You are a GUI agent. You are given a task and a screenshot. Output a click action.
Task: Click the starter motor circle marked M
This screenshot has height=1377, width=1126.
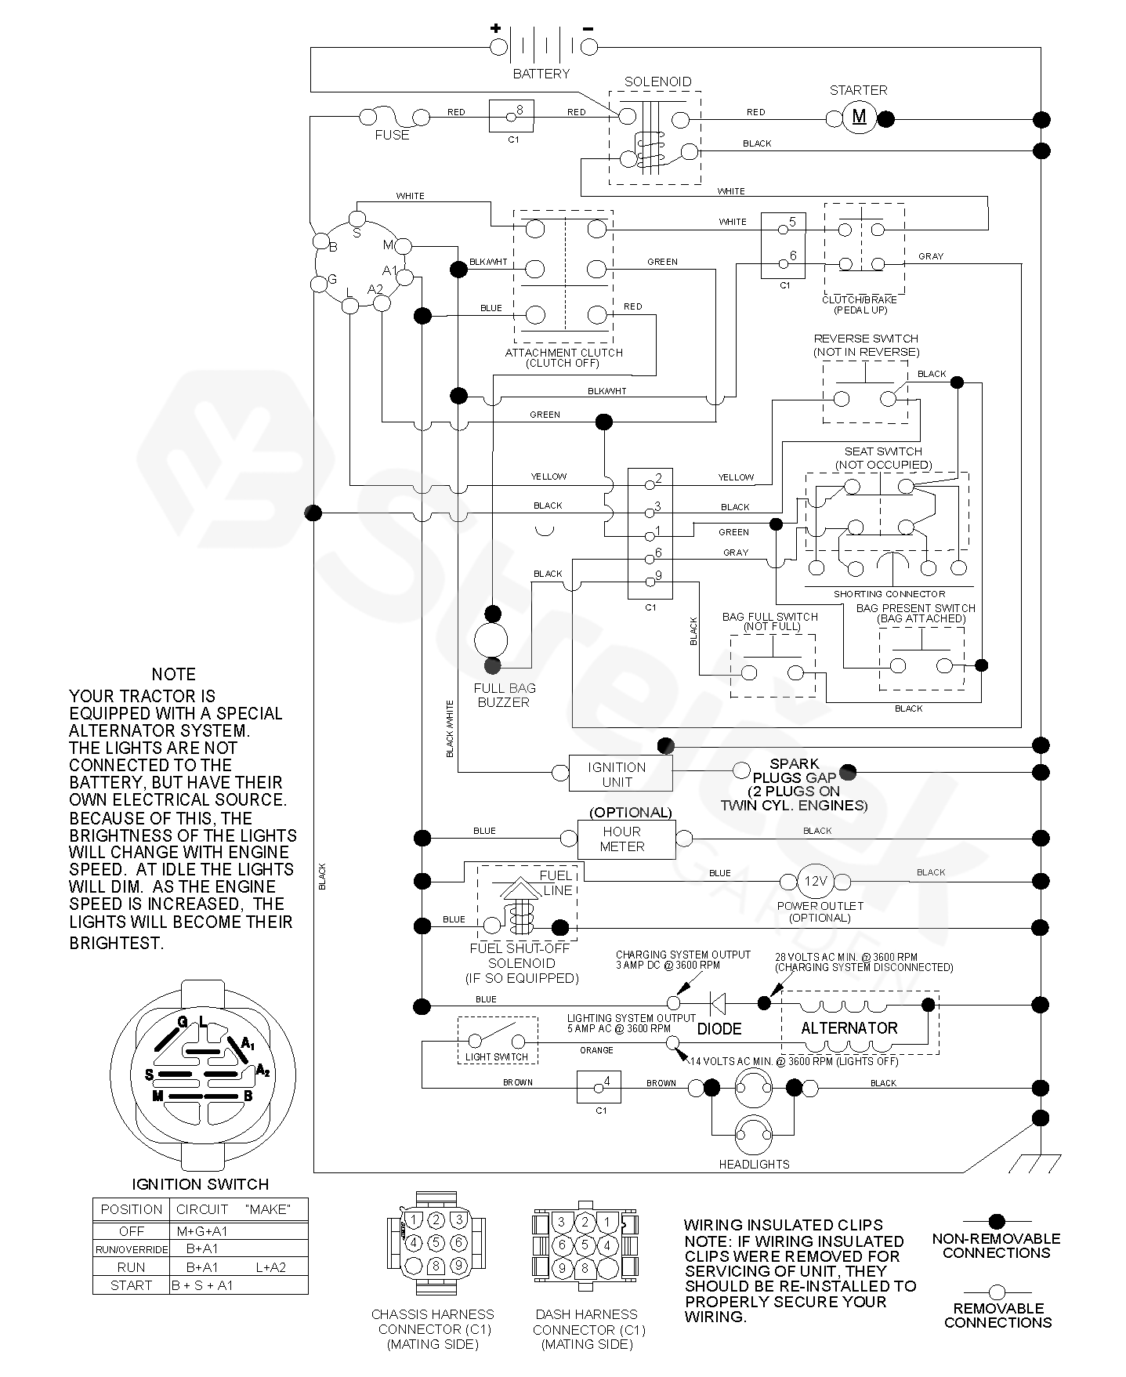(x=859, y=118)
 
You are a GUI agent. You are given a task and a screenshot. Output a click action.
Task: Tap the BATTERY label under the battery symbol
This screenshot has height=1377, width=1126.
(x=541, y=74)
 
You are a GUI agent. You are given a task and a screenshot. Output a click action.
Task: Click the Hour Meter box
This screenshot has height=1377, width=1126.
(x=625, y=839)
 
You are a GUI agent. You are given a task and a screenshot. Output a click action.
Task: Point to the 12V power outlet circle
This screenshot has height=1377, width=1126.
(x=814, y=881)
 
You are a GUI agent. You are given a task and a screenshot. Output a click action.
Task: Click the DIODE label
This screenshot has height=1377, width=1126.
(x=719, y=1028)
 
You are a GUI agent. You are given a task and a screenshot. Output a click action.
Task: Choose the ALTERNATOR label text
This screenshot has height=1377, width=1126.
(x=849, y=1027)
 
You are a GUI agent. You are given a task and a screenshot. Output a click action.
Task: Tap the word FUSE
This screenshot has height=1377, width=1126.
(x=392, y=135)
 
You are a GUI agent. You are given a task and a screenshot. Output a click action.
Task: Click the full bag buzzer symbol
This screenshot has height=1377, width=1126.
(x=491, y=639)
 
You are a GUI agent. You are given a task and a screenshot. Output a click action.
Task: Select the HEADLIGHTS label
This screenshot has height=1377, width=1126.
(x=754, y=1164)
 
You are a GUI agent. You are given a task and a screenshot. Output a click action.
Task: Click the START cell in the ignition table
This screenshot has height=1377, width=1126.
(x=131, y=1285)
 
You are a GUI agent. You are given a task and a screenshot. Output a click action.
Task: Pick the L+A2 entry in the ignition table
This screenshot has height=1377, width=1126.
(x=270, y=1266)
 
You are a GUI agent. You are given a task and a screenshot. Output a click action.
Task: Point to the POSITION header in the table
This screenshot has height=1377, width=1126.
(x=131, y=1209)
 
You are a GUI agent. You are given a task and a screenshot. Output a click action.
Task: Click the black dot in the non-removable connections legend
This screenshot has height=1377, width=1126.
(x=996, y=1221)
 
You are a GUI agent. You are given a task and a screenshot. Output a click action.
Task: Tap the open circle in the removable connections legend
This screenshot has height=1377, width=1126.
(x=996, y=1292)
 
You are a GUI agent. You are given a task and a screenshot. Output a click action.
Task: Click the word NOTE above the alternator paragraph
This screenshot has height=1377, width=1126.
(x=173, y=674)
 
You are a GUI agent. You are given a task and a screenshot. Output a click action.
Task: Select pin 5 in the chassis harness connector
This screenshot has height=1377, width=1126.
(x=436, y=1242)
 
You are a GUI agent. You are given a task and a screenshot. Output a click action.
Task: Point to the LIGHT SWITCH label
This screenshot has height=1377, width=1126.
(x=497, y=1057)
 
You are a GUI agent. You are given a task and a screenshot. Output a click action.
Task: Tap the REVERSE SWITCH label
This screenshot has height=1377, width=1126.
(x=865, y=339)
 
